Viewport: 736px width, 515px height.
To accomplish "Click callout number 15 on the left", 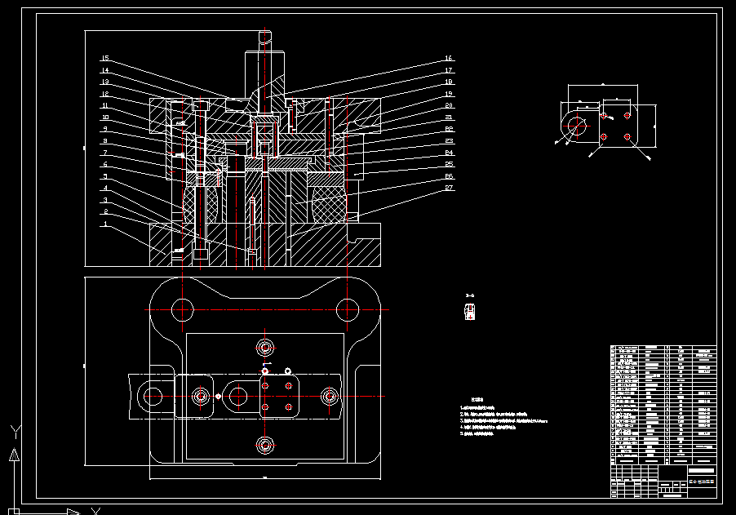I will pyautogui.click(x=105, y=59).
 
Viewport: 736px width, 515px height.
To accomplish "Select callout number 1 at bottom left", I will pyautogui.click(x=105, y=224).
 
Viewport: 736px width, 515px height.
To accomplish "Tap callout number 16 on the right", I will pyautogui.click(x=449, y=59).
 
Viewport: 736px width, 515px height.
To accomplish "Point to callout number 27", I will pyautogui.click(x=449, y=189).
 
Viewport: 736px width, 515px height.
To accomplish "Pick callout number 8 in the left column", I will pyautogui.click(x=105, y=141).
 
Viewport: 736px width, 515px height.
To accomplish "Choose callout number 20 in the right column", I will pyautogui.click(x=449, y=106).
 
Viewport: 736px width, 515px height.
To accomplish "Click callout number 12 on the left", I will pyautogui.click(x=105, y=94).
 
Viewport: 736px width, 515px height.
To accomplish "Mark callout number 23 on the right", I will pyautogui.click(x=449, y=141).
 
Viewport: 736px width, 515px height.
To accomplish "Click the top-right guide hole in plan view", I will pyautogui.click(x=349, y=309).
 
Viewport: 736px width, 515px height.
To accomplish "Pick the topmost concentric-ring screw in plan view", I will pyautogui.click(x=265, y=345).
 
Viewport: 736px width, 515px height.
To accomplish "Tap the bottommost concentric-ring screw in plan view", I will pyautogui.click(x=265, y=444).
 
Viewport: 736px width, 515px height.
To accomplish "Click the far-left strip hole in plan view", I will pyautogui.click(x=153, y=397).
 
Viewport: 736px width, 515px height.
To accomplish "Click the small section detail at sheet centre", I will pyautogui.click(x=469, y=312).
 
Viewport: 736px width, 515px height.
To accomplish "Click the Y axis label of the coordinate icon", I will pyautogui.click(x=13, y=429).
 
